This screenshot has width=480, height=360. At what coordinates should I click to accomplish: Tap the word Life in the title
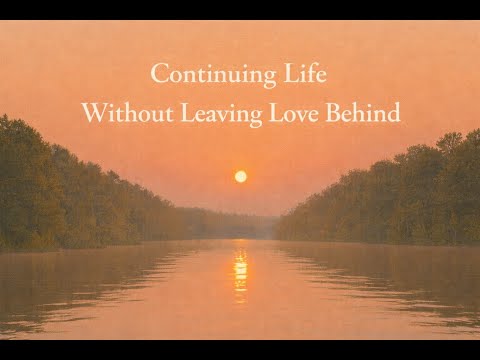306,74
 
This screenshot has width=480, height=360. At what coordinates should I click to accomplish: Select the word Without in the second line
120,113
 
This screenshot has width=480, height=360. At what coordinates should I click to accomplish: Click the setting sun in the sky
240,176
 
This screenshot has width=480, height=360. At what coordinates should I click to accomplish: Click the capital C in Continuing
158,74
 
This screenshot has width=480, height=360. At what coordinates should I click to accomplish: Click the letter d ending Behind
393,113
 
